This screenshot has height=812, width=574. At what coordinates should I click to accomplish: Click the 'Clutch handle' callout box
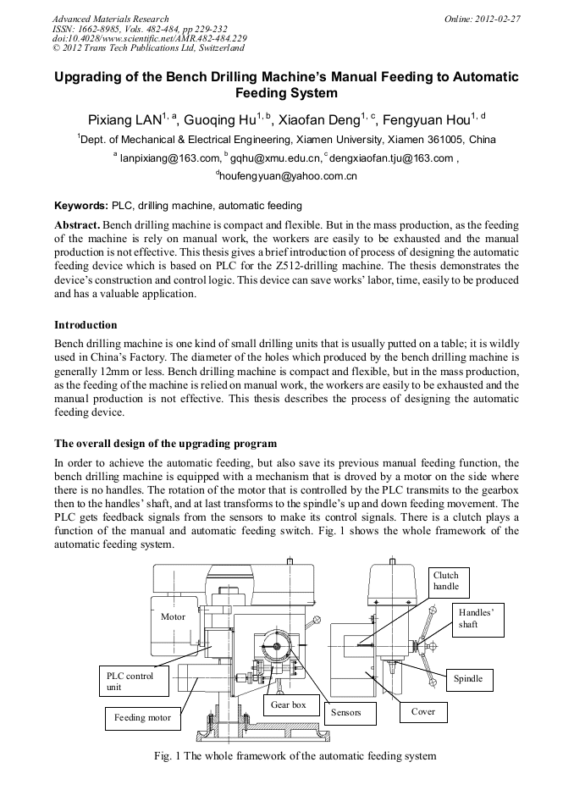tap(449, 580)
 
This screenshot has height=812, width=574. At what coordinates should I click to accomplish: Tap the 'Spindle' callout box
tap(468, 678)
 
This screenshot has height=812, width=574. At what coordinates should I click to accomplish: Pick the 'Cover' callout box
tap(422, 711)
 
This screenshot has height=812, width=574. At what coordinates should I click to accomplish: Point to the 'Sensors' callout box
tap(345, 712)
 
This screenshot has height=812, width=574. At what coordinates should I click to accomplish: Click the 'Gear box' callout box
tap(289, 704)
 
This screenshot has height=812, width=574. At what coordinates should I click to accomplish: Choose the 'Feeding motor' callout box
tap(142, 717)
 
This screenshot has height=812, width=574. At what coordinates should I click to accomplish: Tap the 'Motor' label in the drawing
tap(173, 616)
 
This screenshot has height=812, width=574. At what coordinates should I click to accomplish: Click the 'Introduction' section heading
tap(86, 324)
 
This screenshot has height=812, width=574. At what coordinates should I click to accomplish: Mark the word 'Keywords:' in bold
tap(81, 206)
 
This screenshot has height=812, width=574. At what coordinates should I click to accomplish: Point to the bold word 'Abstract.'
tap(77, 224)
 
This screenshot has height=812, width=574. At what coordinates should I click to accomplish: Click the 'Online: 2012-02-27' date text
tap(483, 19)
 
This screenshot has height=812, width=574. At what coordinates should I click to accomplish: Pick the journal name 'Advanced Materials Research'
tap(110, 19)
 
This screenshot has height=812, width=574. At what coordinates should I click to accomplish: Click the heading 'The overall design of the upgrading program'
tap(165, 444)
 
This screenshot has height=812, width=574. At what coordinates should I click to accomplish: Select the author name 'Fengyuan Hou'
tap(429, 119)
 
